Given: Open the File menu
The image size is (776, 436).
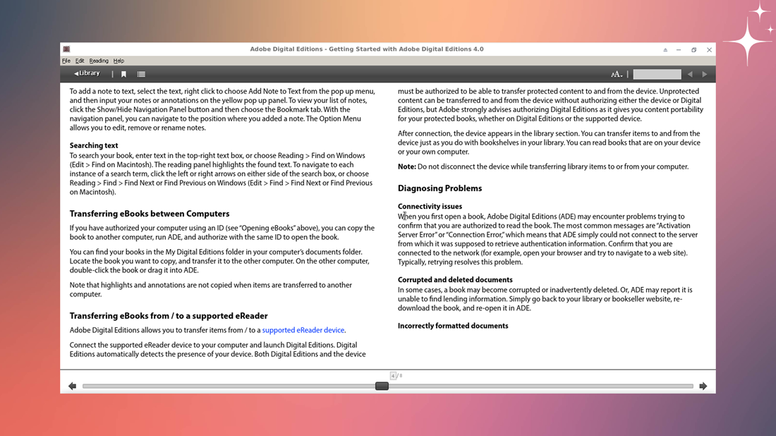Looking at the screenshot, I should (66, 61).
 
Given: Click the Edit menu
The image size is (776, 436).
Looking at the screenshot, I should (80, 61).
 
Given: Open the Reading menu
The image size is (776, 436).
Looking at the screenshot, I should (99, 61).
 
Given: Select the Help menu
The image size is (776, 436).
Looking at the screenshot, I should (119, 61).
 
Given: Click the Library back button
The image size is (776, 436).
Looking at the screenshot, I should (87, 73).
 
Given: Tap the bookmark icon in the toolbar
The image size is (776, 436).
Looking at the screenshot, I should (123, 74).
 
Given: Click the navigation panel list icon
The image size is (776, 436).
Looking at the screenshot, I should (141, 74).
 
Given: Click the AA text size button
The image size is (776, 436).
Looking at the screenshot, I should (617, 74).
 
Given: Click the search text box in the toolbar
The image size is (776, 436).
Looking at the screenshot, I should (657, 74).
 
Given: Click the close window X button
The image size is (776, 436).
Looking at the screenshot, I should (709, 50).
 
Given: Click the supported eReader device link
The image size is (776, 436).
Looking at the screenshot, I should (303, 330).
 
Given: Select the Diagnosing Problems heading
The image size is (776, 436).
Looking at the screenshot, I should (439, 188).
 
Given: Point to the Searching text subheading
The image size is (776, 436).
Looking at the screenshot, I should (94, 146).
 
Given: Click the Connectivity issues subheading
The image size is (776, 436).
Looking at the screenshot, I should (430, 207).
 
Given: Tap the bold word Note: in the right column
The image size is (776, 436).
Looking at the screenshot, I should (406, 167).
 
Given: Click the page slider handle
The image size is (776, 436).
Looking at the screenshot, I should (382, 386).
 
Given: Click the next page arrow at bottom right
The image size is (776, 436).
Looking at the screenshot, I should (703, 386).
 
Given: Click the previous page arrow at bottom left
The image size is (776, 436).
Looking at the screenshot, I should (72, 386).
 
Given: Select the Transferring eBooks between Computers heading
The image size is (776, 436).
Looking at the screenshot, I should (150, 214).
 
